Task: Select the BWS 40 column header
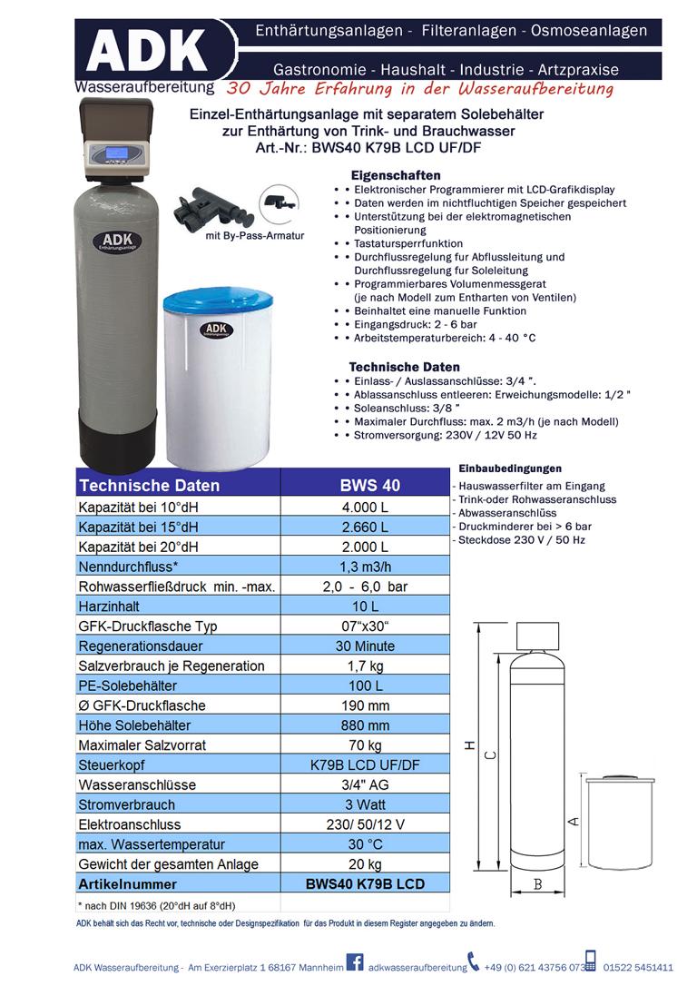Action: pos(369,486)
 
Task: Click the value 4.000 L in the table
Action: pos(366,507)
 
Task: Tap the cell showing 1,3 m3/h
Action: pos(367,566)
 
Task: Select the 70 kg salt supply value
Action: pos(367,745)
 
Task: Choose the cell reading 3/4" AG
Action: pos(367,785)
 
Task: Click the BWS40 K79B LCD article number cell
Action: pos(367,884)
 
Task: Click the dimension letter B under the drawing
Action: pos(537,884)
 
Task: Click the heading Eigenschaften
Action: pos(395,175)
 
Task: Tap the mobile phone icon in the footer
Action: pos(590,962)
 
